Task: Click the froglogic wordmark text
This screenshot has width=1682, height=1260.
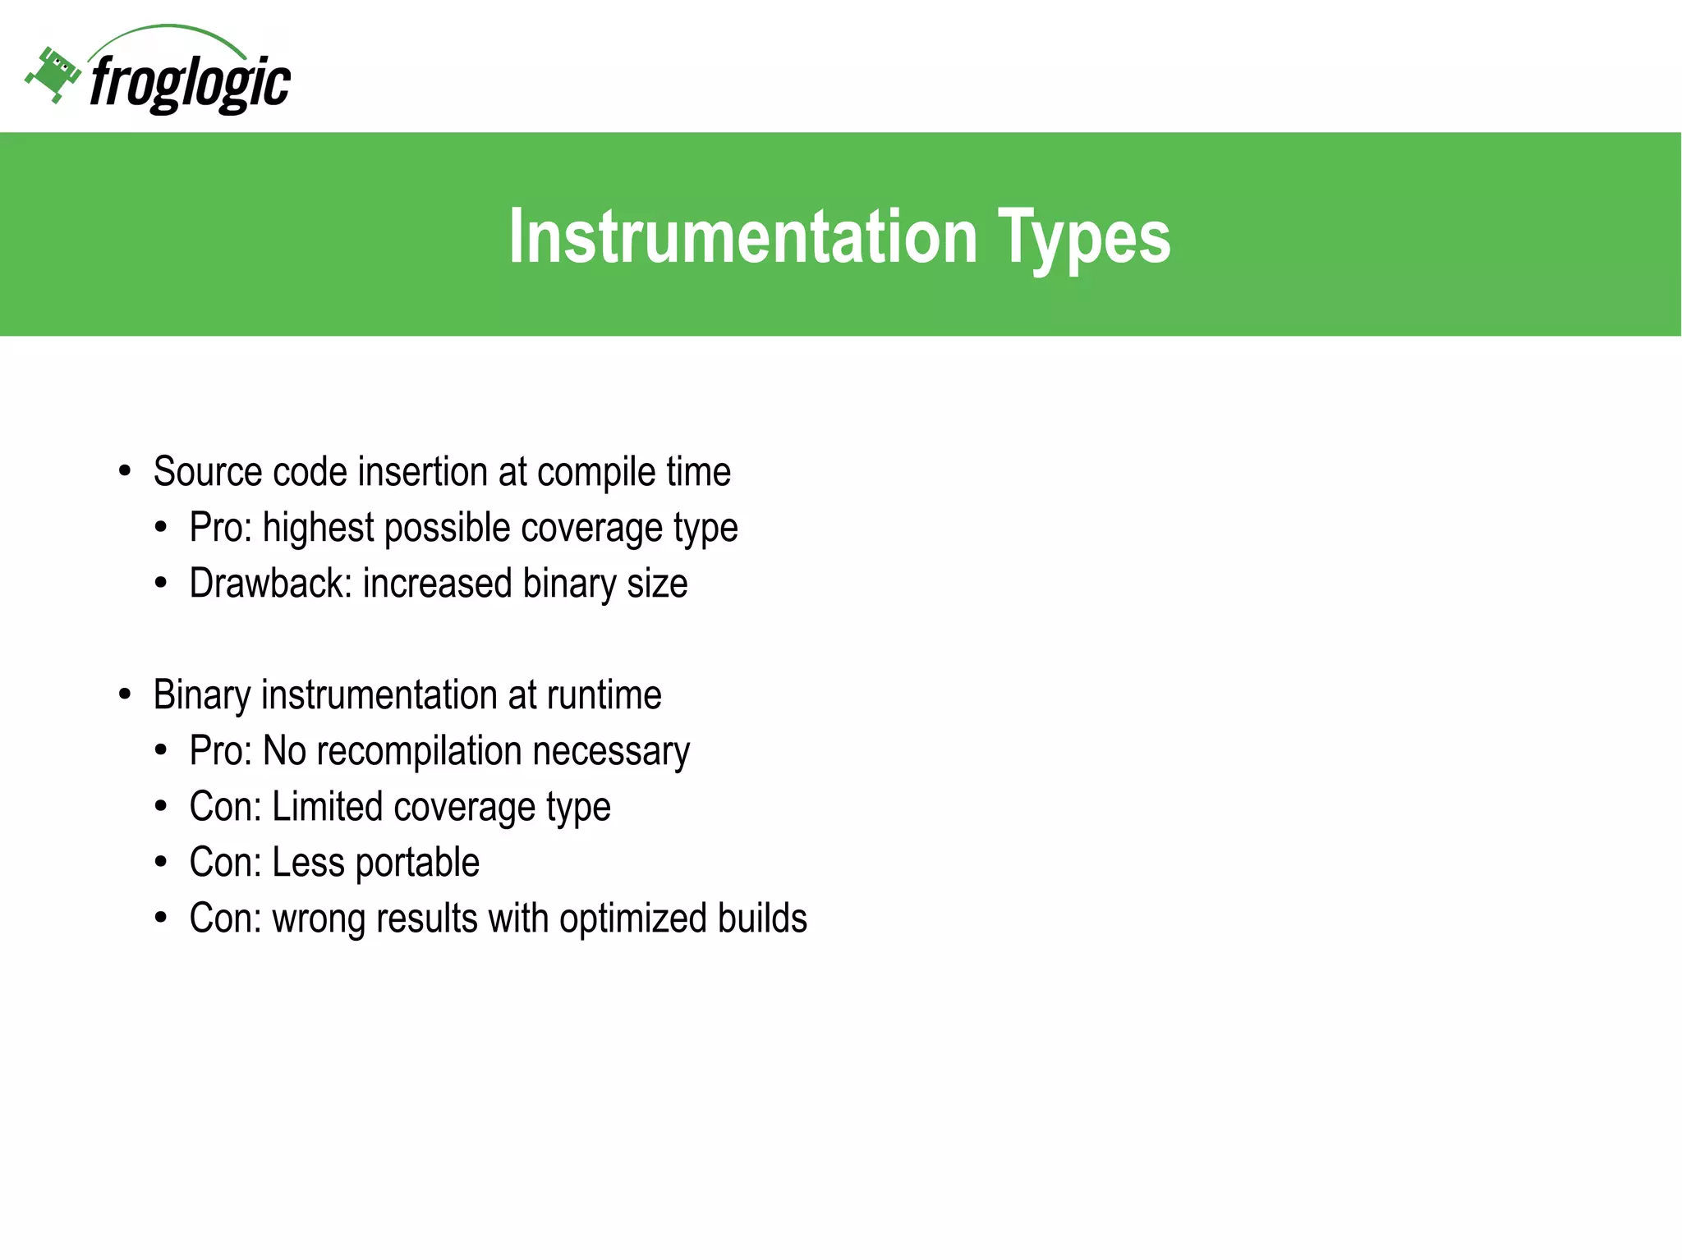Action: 190,83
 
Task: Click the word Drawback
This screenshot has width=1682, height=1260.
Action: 270,584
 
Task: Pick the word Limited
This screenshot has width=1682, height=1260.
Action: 327,807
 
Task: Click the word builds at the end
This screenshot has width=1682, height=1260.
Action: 761,918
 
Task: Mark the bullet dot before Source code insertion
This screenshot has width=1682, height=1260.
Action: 125,472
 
